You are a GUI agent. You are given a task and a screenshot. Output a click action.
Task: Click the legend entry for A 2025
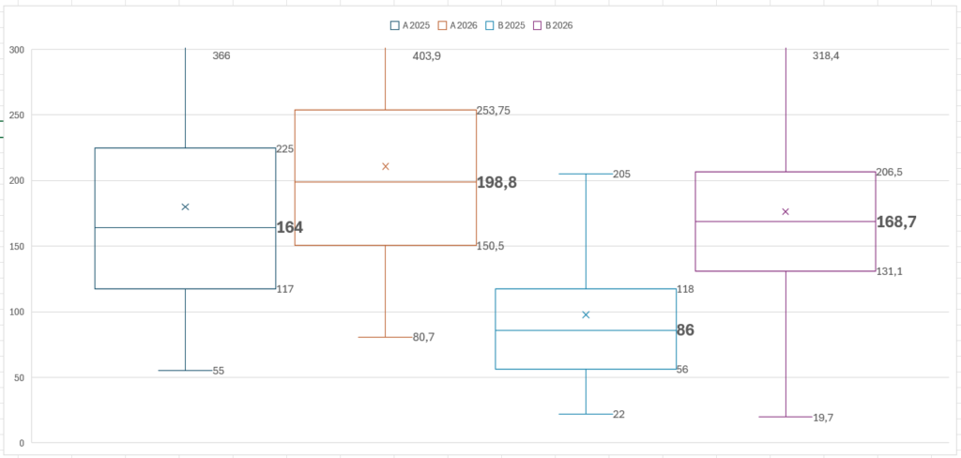[410, 25]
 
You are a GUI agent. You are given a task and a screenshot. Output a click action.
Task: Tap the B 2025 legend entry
[507, 25]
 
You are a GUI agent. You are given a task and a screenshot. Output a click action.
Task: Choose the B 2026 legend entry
[554, 25]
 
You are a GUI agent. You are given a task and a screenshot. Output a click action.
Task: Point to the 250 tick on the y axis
[16, 115]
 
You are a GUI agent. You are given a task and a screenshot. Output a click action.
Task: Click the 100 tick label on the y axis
[16, 312]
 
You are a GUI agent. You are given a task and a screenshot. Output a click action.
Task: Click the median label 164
[289, 227]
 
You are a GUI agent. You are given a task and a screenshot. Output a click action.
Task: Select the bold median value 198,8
[496, 182]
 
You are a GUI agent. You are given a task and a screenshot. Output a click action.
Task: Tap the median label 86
[685, 330]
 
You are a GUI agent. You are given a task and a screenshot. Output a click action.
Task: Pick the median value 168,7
[896, 222]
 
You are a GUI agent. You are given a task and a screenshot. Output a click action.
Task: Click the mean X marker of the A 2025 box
[185, 206]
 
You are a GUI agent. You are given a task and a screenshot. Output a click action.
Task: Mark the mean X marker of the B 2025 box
[586, 314]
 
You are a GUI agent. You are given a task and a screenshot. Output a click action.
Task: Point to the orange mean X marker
[386, 166]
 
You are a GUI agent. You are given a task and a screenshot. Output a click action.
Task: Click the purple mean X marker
[786, 211]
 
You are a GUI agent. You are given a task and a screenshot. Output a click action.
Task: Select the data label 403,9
[426, 56]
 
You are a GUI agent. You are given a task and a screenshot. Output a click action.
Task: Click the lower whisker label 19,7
[823, 418]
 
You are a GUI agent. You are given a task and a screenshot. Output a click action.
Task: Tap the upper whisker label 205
[621, 175]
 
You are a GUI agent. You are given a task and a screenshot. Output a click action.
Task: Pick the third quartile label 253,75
[493, 111]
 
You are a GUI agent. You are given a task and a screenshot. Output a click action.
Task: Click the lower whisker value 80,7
[423, 337]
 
